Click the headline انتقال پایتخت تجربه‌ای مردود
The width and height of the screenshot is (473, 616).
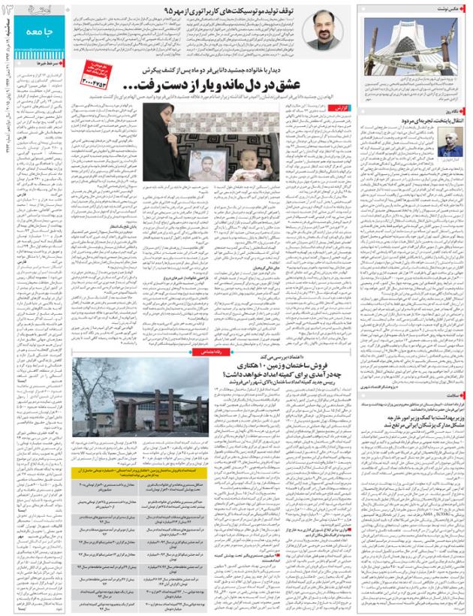431,120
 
